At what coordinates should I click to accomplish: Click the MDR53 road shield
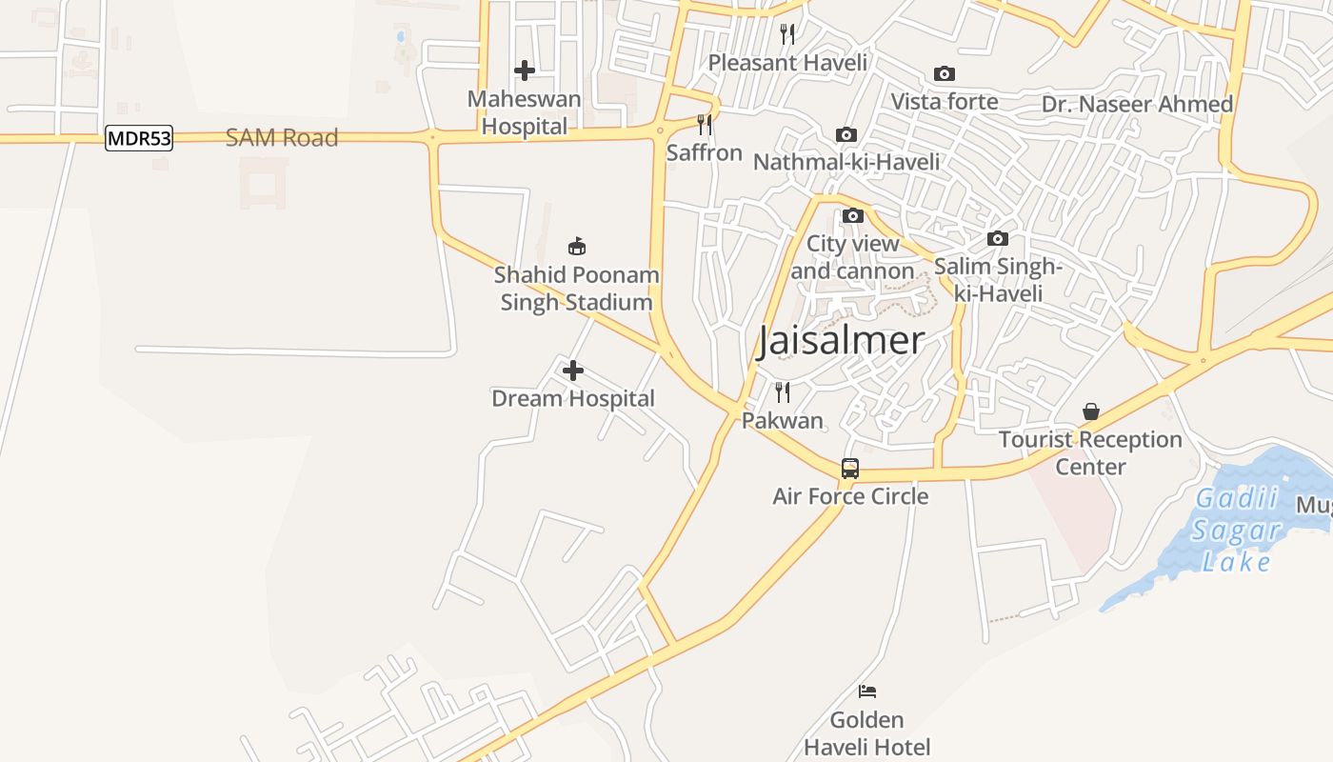(x=139, y=138)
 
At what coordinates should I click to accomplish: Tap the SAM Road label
(x=282, y=137)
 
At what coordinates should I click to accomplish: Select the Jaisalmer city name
(x=841, y=340)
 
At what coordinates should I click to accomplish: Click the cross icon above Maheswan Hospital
(x=524, y=70)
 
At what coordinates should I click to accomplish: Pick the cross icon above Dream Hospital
(x=573, y=371)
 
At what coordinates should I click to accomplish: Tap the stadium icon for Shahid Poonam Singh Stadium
(x=576, y=246)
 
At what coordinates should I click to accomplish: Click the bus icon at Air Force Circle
(x=850, y=469)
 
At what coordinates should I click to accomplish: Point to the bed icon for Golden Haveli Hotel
(x=866, y=692)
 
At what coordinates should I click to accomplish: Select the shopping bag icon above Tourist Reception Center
(x=1091, y=411)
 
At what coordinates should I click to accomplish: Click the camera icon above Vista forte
(x=945, y=73)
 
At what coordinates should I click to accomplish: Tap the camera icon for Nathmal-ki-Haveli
(x=846, y=135)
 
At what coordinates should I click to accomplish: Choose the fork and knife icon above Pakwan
(x=783, y=392)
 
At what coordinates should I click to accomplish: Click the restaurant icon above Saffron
(x=705, y=125)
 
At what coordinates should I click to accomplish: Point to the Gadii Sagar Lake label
(x=1236, y=530)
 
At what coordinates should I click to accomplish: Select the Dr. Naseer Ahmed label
(x=1137, y=104)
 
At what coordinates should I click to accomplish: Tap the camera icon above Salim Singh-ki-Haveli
(x=997, y=238)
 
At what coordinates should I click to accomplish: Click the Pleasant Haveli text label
(x=787, y=63)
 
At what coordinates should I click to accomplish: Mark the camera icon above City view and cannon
(x=852, y=216)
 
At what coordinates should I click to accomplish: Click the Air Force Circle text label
(x=850, y=496)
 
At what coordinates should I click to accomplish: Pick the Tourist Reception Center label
(x=1090, y=452)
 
